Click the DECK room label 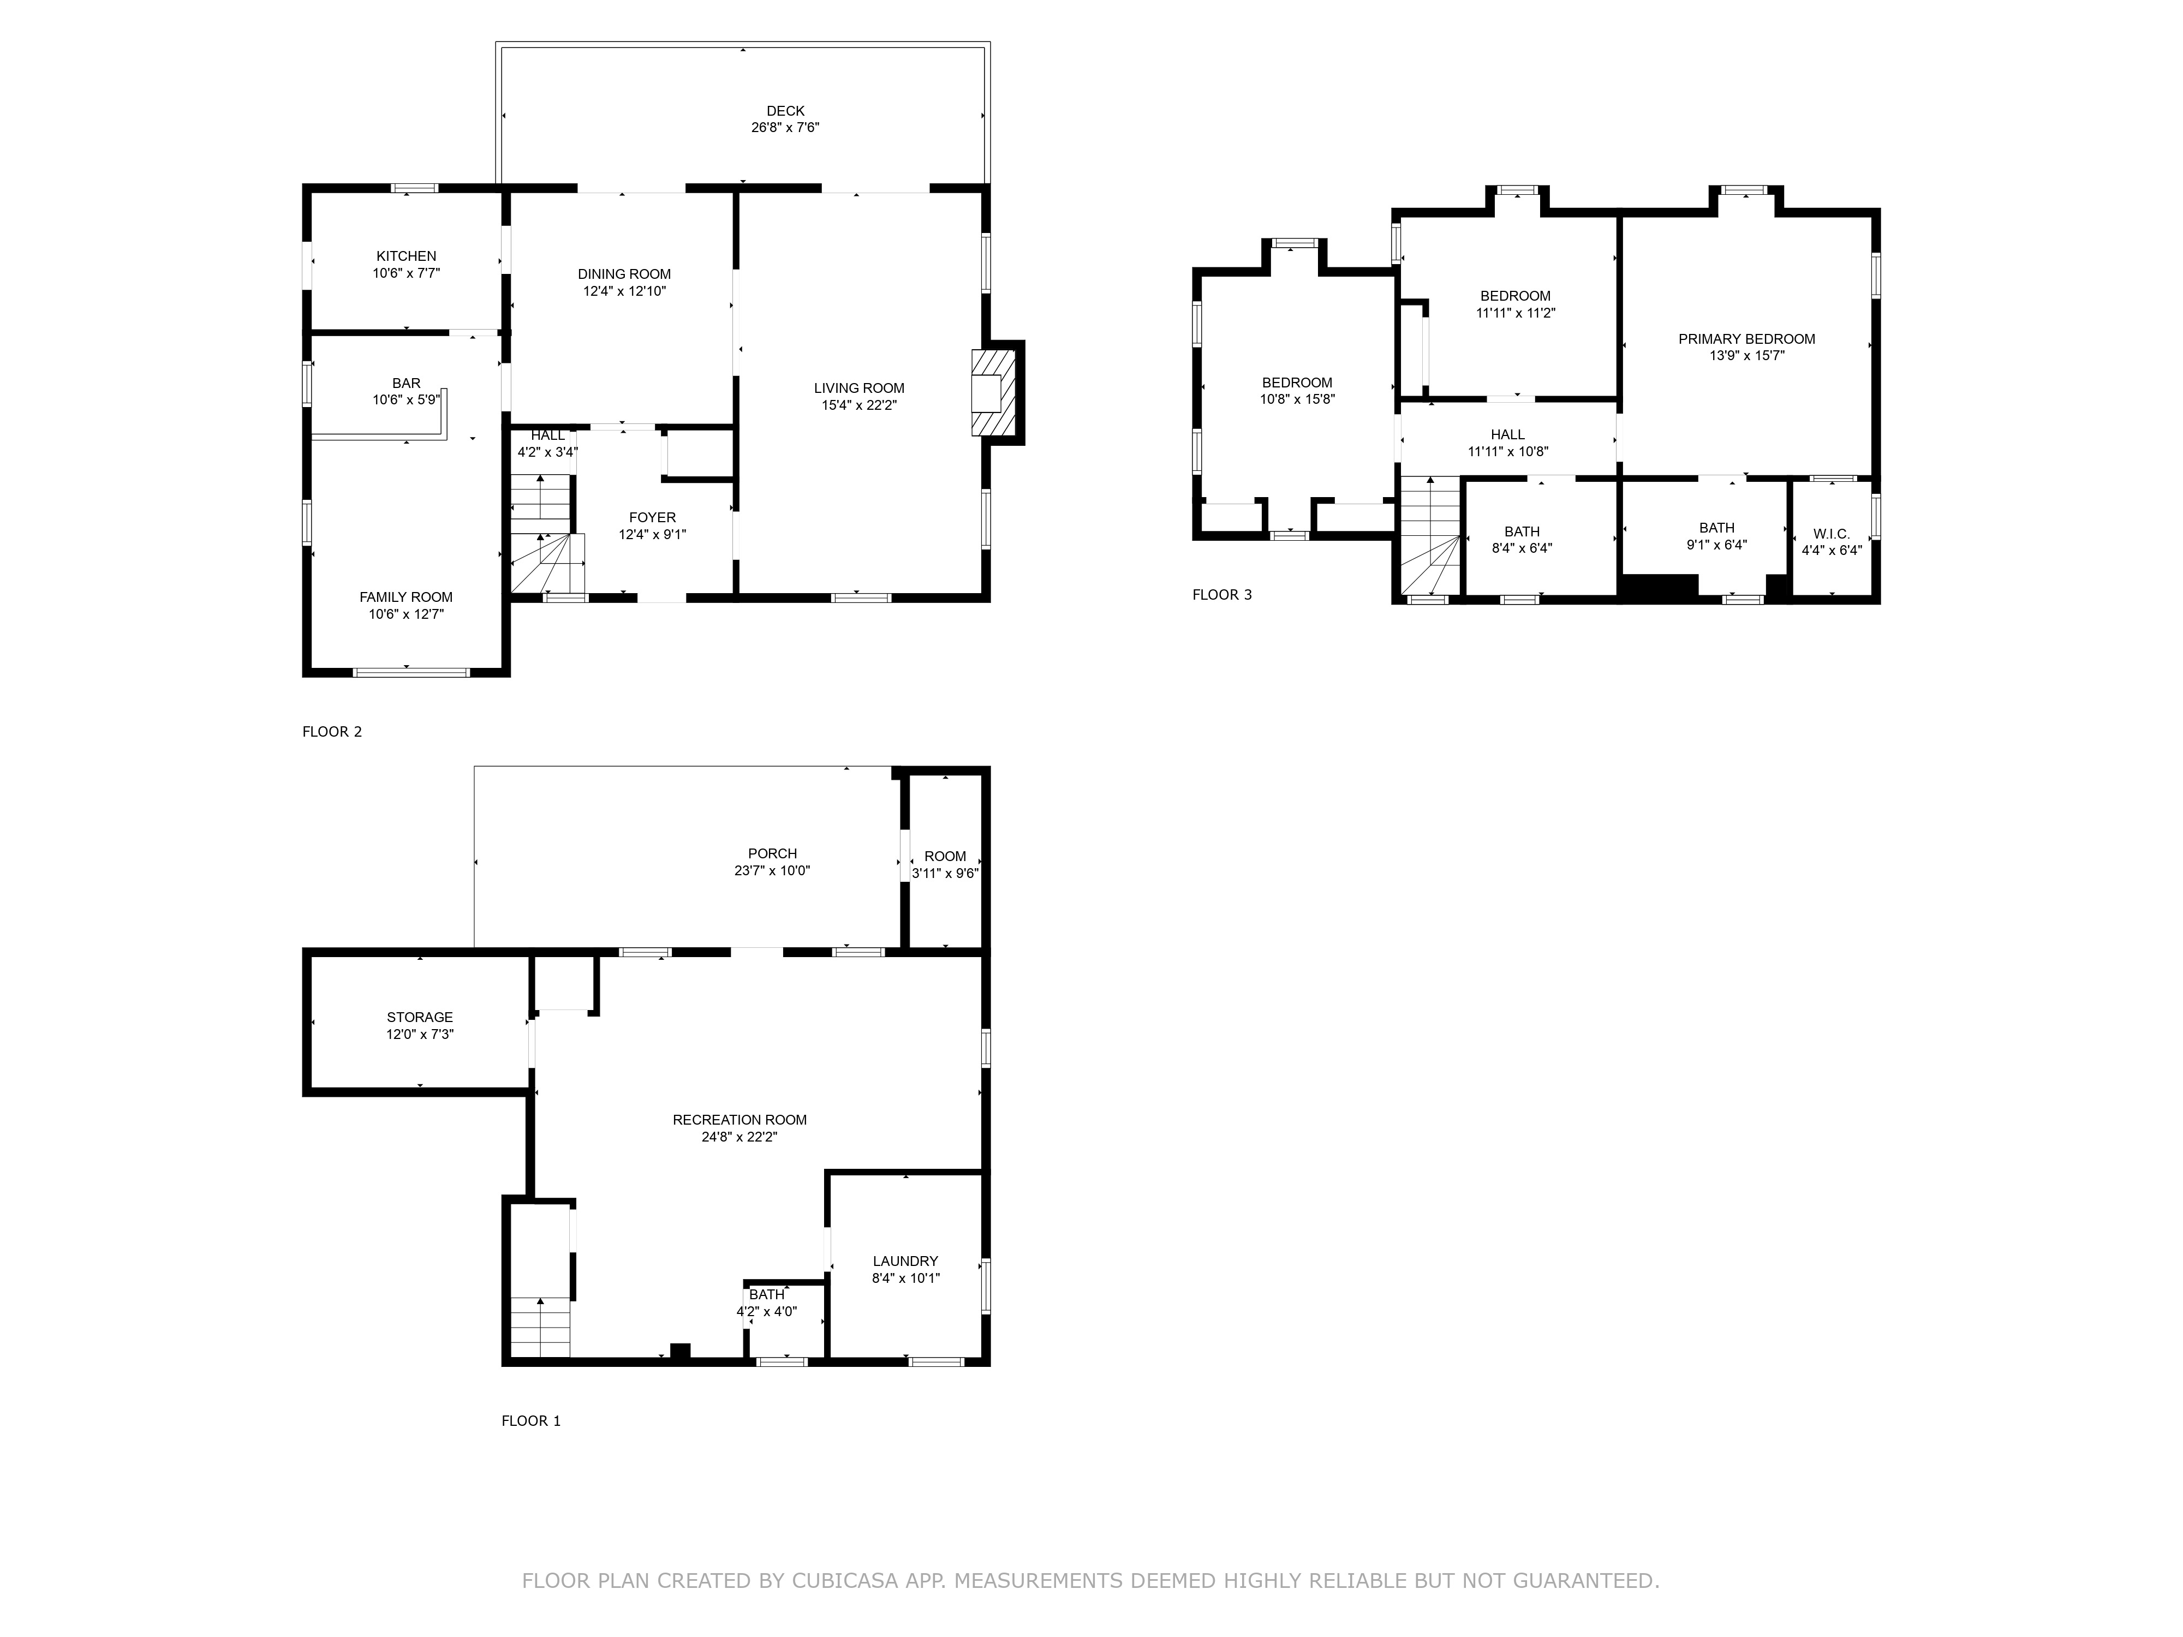coord(785,111)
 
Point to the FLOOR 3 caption coord(1222,595)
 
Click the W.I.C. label coord(1832,534)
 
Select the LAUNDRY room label coord(905,1261)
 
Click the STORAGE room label coord(420,1017)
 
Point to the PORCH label coord(772,853)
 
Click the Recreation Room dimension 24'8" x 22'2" coord(739,1137)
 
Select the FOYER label coord(652,518)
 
